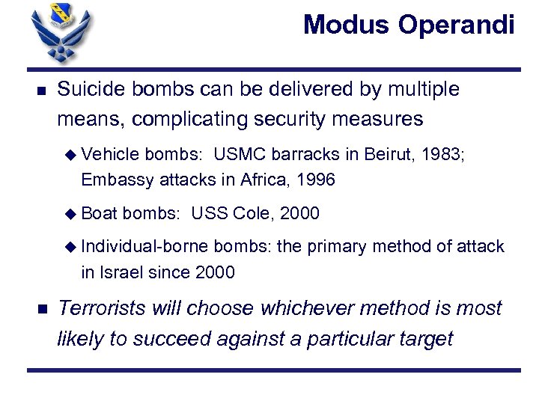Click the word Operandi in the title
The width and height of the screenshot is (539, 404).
click(457, 25)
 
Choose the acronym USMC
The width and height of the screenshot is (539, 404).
click(240, 155)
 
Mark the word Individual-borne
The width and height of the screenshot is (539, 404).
click(145, 247)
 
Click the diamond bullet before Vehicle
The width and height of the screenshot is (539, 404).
click(71, 155)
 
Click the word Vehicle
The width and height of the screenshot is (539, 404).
click(111, 155)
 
